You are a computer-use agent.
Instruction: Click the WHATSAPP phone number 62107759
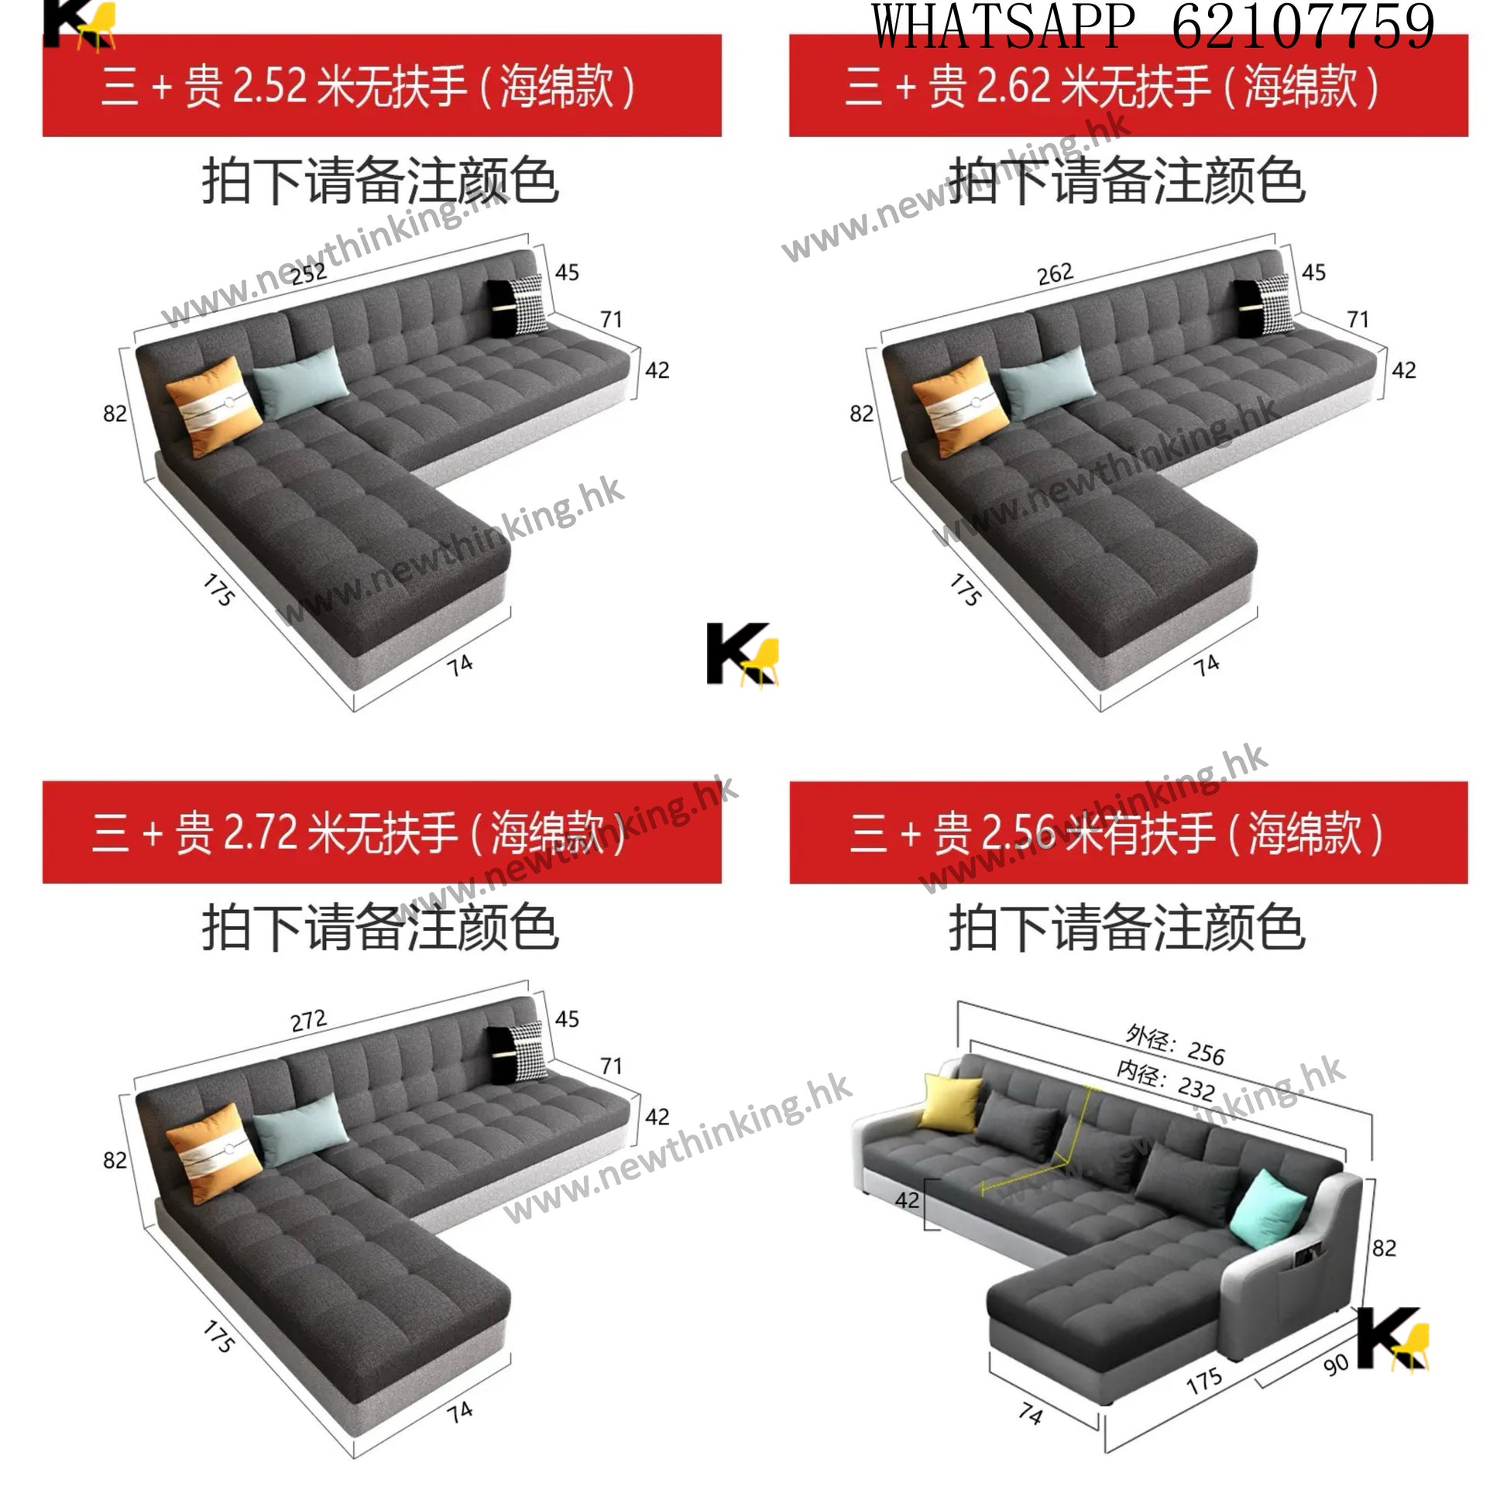point(1303,26)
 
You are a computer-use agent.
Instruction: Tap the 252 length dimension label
point(309,273)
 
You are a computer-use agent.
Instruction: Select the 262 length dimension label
point(1056,274)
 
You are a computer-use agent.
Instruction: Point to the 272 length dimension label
point(309,1020)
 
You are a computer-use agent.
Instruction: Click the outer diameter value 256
point(1207,1054)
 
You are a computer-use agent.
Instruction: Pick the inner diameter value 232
point(1196,1087)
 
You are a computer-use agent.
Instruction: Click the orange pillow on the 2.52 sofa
point(214,407)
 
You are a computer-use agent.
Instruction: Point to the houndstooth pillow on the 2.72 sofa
point(527,1052)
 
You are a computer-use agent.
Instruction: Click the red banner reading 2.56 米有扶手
point(1128,832)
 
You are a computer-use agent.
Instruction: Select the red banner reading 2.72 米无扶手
point(383,832)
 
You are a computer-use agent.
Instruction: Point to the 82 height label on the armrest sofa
point(1385,1248)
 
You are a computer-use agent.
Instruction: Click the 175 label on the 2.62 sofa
point(966,589)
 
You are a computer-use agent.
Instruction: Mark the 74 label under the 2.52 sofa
point(460,665)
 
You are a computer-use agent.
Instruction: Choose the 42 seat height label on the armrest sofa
point(907,1200)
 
